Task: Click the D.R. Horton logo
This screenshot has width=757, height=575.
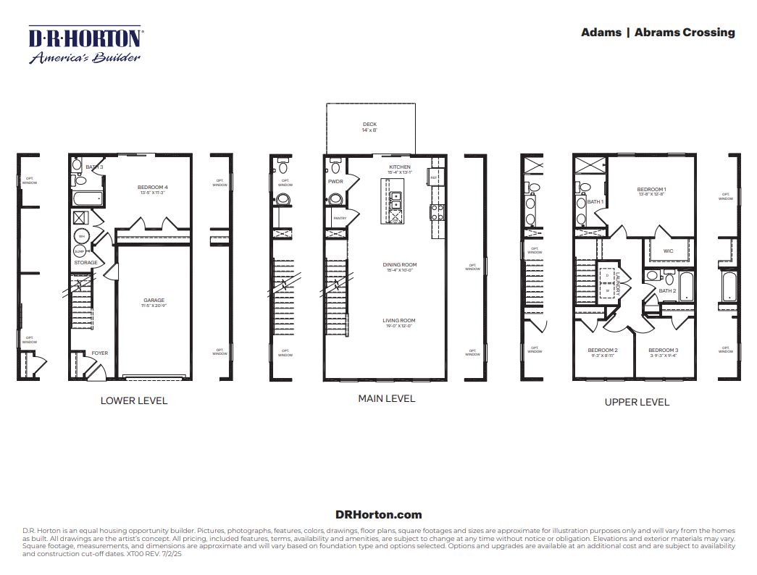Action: click(x=85, y=45)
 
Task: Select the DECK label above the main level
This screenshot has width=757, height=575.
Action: click(x=369, y=125)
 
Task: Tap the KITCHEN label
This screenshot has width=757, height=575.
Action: click(x=399, y=167)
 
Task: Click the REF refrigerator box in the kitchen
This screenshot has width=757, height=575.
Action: click(x=434, y=177)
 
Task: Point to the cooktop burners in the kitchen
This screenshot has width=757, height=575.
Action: click(x=438, y=212)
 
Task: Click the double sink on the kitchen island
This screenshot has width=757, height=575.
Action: click(x=396, y=201)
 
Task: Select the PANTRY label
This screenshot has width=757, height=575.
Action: click(x=338, y=217)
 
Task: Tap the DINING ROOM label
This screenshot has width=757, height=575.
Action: click(x=400, y=265)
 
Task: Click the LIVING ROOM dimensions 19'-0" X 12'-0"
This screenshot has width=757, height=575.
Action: click(x=399, y=326)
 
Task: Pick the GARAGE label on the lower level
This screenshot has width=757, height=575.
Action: click(x=154, y=300)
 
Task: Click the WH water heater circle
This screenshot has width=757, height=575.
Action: click(x=81, y=236)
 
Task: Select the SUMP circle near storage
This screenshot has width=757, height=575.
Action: click(x=80, y=251)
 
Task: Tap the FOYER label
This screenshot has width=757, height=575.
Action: click(x=99, y=353)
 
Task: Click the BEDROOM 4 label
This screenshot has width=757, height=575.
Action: click(x=152, y=188)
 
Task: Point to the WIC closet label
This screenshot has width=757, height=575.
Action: click(x=667, y=251)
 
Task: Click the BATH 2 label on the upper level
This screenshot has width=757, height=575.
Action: click(x=667, y=290)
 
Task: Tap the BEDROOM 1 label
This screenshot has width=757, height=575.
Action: click(x=651, y=189)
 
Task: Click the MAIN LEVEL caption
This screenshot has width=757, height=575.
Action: click(x=386, y=398)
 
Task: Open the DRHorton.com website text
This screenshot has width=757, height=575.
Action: click(x=378, y=515)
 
